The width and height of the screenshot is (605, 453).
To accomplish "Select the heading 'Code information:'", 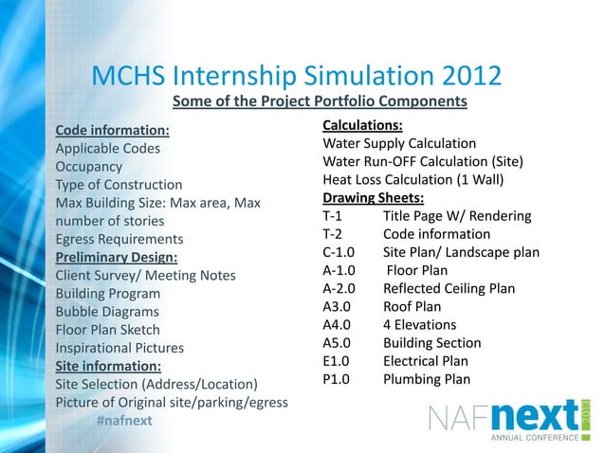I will point(113,131).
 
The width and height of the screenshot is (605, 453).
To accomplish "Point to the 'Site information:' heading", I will point(108,365).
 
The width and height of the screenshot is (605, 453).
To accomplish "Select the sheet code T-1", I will point(332,216).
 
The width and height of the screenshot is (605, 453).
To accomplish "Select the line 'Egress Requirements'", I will point(119,239).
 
